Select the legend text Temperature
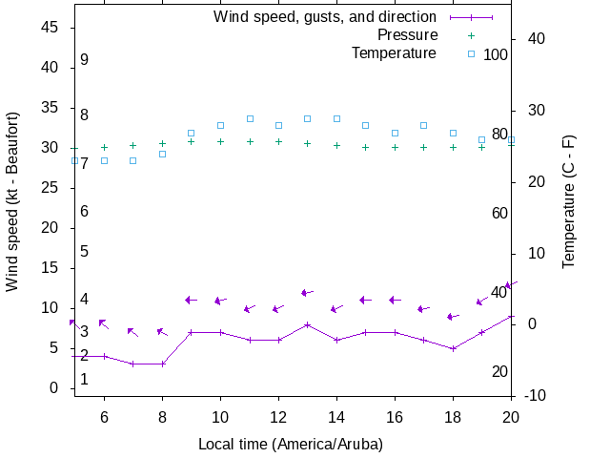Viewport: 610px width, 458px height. coord(394,53)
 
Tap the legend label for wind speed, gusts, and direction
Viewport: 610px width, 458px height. coord(325,17)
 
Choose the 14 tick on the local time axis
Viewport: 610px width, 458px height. coord(336,416)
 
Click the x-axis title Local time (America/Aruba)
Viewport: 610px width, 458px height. coord(291,445)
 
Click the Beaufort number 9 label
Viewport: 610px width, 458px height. coord(85,60)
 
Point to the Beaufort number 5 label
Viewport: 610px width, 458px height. coord(85,252)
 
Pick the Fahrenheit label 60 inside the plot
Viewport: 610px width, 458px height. coord(499,213)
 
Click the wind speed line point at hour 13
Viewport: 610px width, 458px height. coord(308,324)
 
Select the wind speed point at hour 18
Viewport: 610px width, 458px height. coord(453,348)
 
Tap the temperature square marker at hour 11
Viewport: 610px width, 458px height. coord(250,119)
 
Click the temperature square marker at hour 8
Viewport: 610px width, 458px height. coord(162,154)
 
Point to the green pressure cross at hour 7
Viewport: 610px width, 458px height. coord(133,146)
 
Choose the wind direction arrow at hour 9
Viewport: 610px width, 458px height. coord(191,301)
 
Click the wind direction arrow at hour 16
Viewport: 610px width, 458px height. coord(395,301)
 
